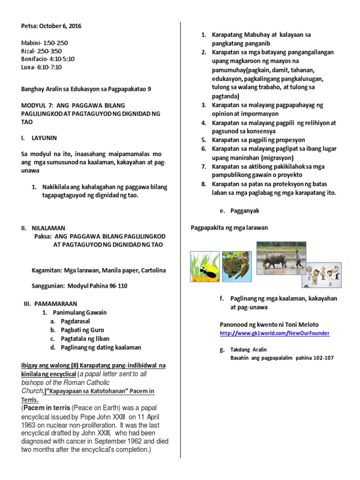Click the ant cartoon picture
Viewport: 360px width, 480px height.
(204, 267)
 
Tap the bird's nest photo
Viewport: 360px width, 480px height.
(237, 267)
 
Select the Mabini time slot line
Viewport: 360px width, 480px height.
(42, 43)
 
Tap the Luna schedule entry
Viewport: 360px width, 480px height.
(42, 67)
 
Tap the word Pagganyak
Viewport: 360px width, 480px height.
(245, 211)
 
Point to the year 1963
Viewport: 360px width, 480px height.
(31, 415)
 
